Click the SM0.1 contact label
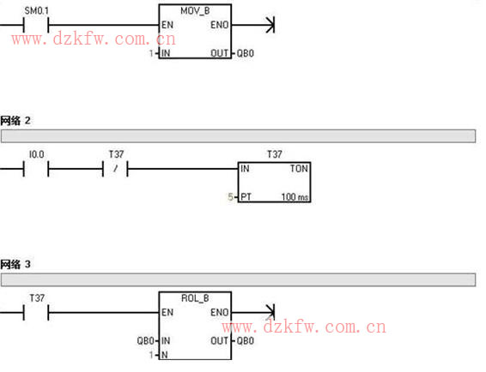click(37, 11)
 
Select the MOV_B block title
click(195, 11)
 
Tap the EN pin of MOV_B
click(167, 25)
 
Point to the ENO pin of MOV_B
click(220, 25)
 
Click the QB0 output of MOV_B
click(246, 53)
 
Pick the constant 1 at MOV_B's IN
click(151, 53)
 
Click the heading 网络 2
click(15, 120)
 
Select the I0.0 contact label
click(37, 154)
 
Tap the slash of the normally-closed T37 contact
click(115, 169)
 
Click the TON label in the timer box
click(299, 169)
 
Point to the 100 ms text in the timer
click(295, 197)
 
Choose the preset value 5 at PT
click(230, 197)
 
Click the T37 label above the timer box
click(274, 154)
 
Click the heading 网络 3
click(15, 264)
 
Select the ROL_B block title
click(195, 298)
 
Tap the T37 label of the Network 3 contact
click(37, 298)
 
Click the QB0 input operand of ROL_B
click(146, 341)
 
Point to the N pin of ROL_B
click(165, 355)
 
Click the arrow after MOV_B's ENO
click(253, 25)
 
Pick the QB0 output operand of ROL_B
click(246, 341)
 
